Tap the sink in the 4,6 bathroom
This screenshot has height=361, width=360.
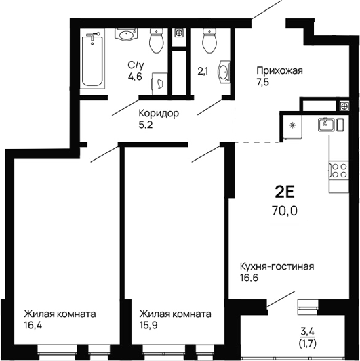pos(125,35)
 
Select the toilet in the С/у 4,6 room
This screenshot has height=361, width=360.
pos(157,41)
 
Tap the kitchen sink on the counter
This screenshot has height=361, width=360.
pos(326,124)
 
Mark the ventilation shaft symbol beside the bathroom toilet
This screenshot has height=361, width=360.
pos(178,32)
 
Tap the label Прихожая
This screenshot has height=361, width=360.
pos(279,70)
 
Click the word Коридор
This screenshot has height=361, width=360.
pos(158,113)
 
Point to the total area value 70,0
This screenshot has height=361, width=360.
pos(285,209)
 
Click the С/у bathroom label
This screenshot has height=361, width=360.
pos(136,65)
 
